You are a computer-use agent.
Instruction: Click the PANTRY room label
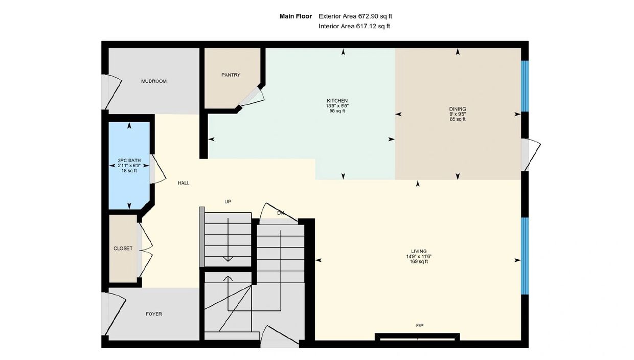[x=231, y=75]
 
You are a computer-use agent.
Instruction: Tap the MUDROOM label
[x=154, y=81]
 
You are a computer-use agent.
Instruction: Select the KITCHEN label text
[x=337, y=101]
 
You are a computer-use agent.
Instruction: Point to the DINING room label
[x=458, y=109]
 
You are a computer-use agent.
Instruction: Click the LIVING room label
[x=419, y=251]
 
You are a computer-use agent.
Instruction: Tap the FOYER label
[x=154, y=314]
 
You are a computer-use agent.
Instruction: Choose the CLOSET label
[x=123, y=249]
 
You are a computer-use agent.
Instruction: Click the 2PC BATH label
[x=129, y=161]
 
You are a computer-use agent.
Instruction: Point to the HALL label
[x=184, y=183]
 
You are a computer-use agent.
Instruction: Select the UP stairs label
[x=228, y=202]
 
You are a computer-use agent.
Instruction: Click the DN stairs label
[x=281, y=213]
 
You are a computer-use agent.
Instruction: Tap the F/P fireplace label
[x=420, y=326]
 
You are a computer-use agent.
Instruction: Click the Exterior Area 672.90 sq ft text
[x=355, y=16]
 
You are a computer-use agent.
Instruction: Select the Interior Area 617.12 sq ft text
[x=354, y=26]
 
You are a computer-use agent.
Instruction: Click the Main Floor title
[x=296, y=16]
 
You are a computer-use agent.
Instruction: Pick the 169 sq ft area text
[x=419, y=262]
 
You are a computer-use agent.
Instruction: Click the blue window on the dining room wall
[x=525, y=86]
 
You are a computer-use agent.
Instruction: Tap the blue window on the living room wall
[x=525, y=256]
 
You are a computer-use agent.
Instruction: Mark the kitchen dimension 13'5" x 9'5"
[x=337, y=106]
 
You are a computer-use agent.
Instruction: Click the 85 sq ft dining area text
[x=458, y=120]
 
